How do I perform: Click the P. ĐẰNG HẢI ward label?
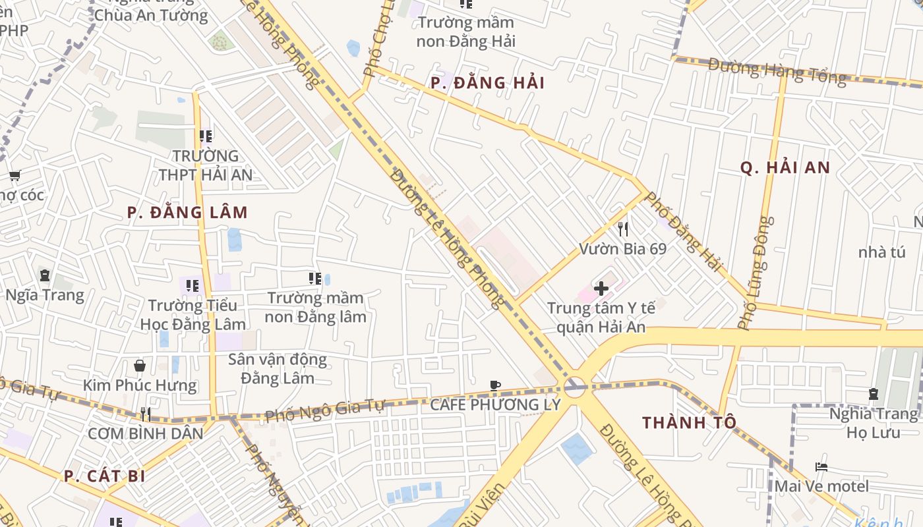[x=487, y=83]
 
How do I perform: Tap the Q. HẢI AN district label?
[x=785, y=168]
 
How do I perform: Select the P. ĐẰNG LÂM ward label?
[x=187, y=213]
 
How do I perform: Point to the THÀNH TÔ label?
[x=689, y=423]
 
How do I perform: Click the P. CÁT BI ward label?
[x=104, y=476]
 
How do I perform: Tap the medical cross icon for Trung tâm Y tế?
[x=601, y=289]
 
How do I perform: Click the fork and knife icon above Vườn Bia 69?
[x=622, y=229]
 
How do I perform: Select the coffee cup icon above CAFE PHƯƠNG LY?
[x=495, y=386]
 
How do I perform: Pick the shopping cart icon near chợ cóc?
[x=15, y=176]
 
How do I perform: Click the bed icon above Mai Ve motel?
[x=821, y=467]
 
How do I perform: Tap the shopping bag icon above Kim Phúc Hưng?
[x=140, y=366]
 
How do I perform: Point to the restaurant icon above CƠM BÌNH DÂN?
[x=146, y=414]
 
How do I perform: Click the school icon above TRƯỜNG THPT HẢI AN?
[x=205, y=136]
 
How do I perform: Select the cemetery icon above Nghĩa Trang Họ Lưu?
[x=874, y=394]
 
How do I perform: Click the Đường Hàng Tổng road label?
[x=777, y=71]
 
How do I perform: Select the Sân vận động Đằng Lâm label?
[x=278, y=369]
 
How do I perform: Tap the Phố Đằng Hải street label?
[x=683, y=231]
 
